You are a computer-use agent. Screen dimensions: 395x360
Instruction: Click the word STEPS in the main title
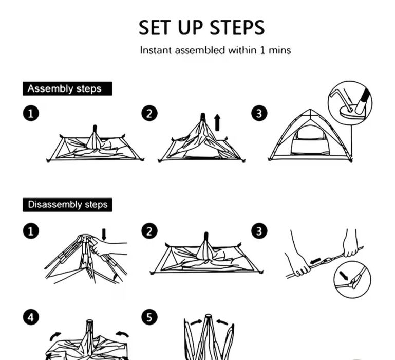pyautogui.click(x=237, y=27)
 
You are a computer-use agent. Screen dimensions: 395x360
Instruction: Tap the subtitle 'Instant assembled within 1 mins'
pyautogui.click(x=215, y=50)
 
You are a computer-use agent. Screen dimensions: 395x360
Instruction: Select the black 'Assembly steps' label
pyautogui.click(x=67, y=88)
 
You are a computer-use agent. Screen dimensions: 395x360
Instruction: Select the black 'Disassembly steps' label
pyautogui.click(x=67, y=205)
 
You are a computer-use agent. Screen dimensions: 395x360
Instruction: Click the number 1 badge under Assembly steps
pyautogui.click(x=31, y=113)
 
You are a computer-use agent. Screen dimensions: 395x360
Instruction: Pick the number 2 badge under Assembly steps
pyautogui.click(x=149, y=113)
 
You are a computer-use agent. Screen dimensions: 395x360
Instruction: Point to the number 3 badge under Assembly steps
pyautogui.click(x=259, y=113)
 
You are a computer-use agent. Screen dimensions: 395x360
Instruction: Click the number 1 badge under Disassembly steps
pyautogui.click(x=31, y=231)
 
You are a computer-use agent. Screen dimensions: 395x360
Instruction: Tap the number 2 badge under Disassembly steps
pyautogui.click(x=149, y=231)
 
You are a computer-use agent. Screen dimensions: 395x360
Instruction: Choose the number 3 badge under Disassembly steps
pyautogui.click(x=259, y=231)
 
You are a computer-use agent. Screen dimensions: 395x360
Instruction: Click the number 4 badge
pyautogui.click(x=31, y=317)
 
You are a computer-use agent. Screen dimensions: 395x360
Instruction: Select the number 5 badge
pyautogui.click(x=149, y=317)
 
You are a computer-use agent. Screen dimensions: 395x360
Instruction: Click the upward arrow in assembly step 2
pyautogui.click(x=217, y=122)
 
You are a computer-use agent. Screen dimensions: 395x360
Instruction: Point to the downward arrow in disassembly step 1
pyautogui.click(x=104, y=235)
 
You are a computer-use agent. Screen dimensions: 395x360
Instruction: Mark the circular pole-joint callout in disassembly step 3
pyautogui.click(x=352, y=280)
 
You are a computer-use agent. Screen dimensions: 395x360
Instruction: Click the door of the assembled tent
pyautogui.click(x=310, y=142)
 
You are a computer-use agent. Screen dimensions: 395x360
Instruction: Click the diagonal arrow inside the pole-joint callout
pyautogui.click(x=344, y=276)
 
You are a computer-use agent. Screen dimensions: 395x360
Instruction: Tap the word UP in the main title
pyautogui.click(x=190, y=27)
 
